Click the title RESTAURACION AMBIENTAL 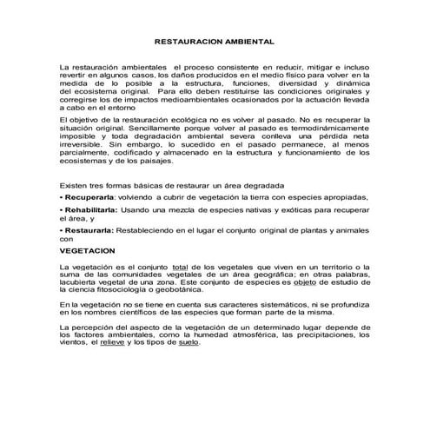tap(214, 41)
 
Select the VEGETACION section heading tap(87, 248)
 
